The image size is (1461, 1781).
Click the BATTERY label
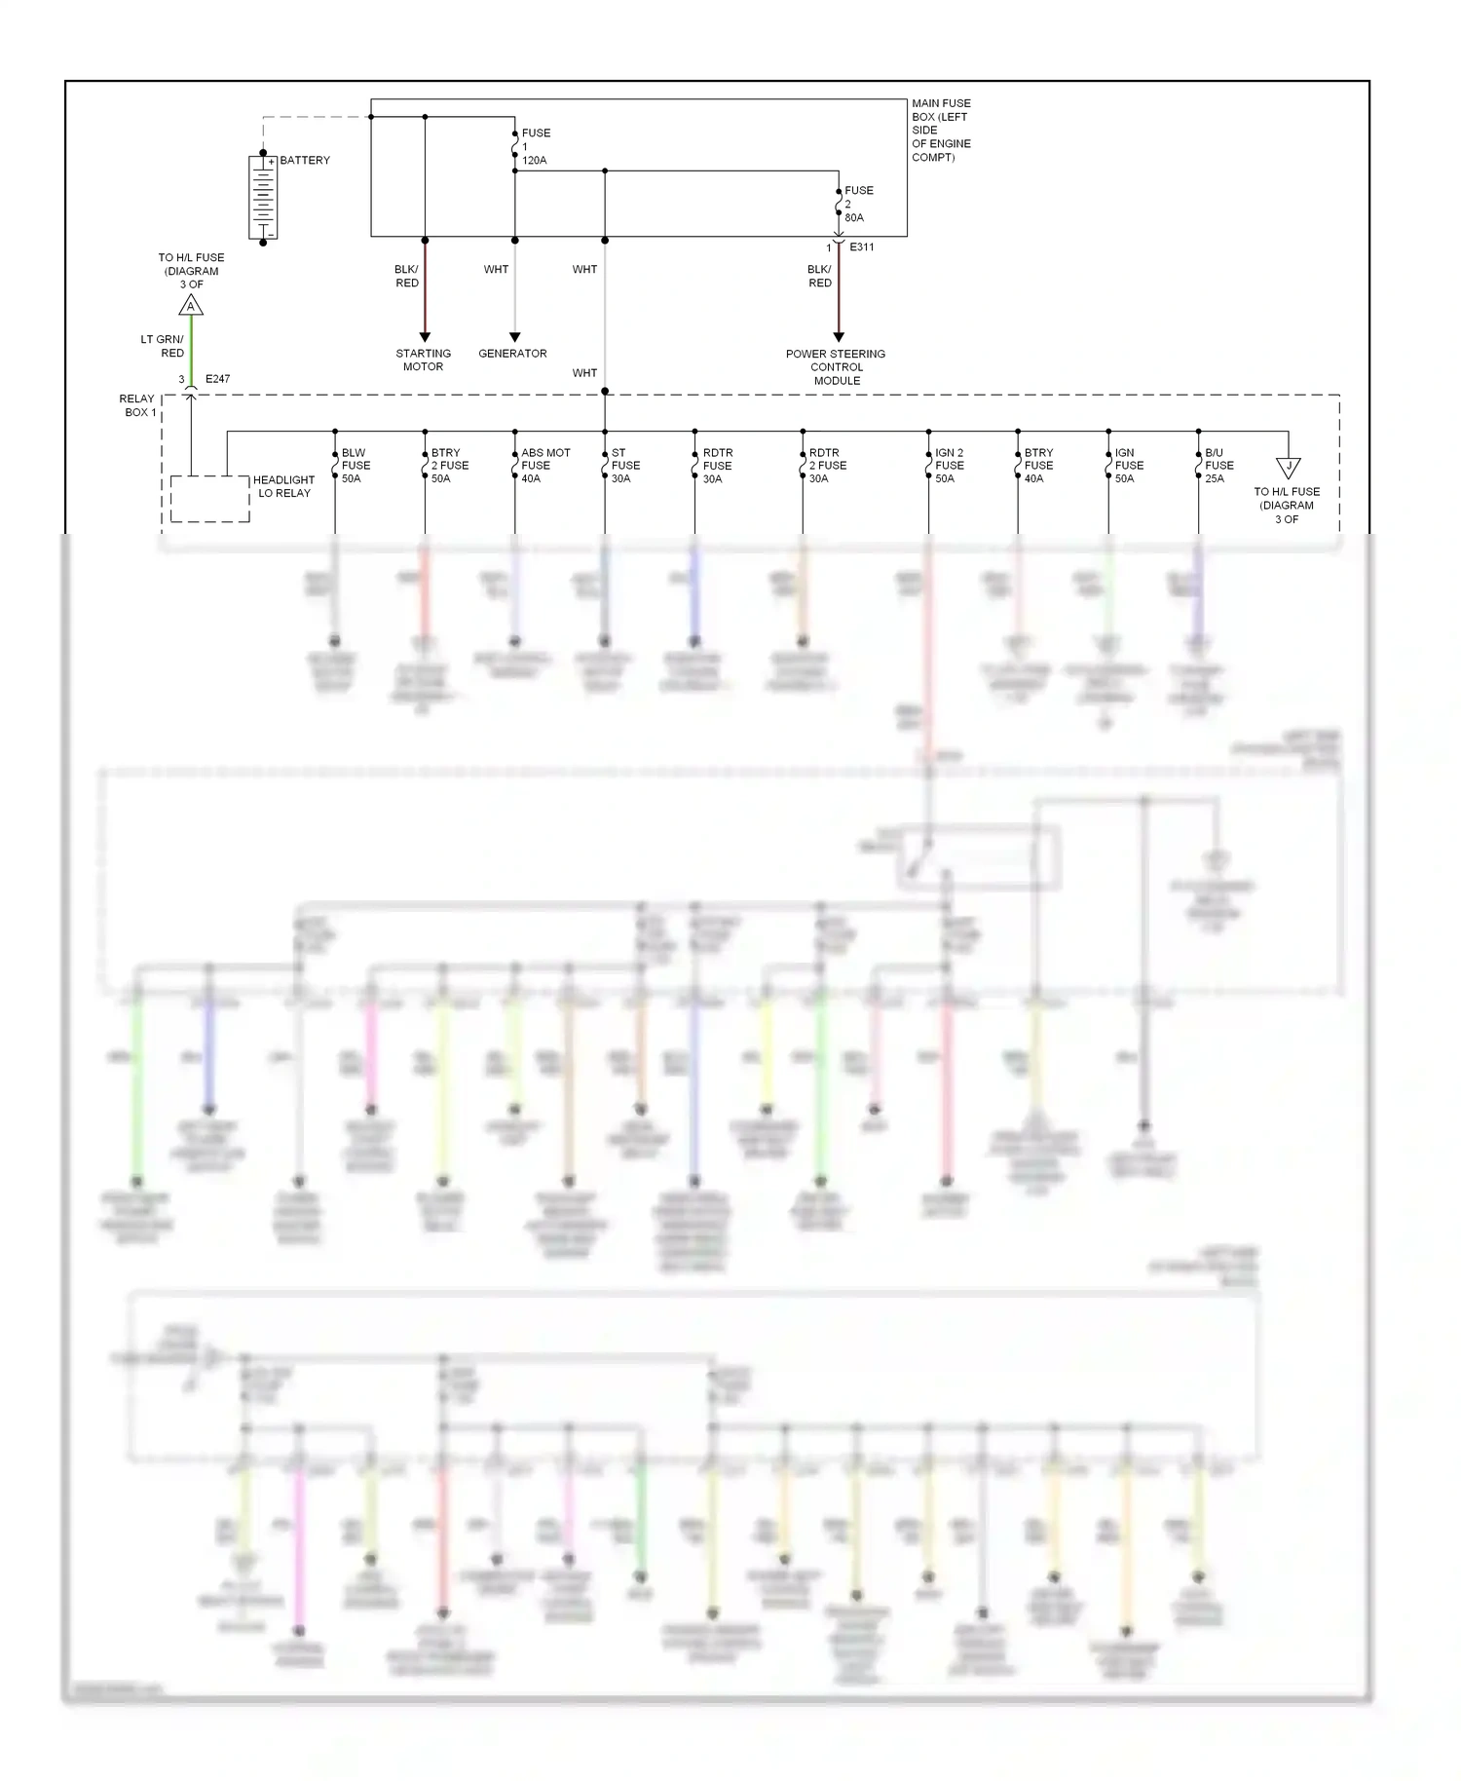pos(305,160)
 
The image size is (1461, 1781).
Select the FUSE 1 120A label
pos(535,146)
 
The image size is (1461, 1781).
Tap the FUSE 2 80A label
pos(858,204)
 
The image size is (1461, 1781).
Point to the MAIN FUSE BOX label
pos(941,130)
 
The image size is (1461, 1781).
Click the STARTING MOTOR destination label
pos(424,360)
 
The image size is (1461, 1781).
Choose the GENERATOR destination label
pos(512,354)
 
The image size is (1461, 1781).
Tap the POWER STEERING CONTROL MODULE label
pos(836,367)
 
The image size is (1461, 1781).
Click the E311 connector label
pos(862,247)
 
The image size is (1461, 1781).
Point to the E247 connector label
pos(217,379)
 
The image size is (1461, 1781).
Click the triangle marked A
pos(191,306)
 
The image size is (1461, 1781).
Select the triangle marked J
pos(1288,468)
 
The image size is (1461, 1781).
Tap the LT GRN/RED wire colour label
pos(163,346)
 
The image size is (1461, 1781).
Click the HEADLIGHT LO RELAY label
pos(283,486)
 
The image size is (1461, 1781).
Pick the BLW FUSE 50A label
pos(356,466)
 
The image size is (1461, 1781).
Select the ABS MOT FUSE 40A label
pos(544,466)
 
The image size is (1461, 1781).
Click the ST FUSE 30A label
pos(625,466)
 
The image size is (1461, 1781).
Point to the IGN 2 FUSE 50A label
pos(949,466)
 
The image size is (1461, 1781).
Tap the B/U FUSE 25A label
pos(1218,466)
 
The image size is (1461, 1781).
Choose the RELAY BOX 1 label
pos(137,405)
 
